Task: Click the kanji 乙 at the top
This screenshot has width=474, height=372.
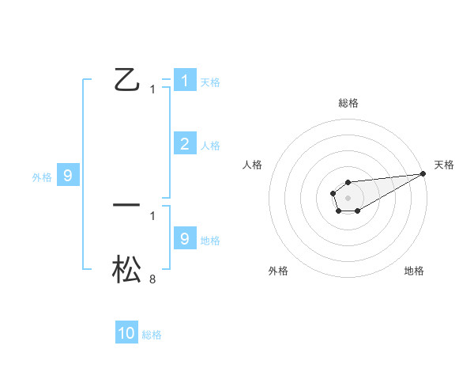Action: [126, 80]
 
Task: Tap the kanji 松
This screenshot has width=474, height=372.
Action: [126, 268]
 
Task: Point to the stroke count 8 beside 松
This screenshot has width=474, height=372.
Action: [152, 279]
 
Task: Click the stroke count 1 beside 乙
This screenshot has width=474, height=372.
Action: [152, 89]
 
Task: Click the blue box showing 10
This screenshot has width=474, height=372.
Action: [126, 333]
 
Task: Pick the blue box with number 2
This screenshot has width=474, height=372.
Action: [184, 143]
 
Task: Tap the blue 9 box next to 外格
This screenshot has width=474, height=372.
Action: [68, 176]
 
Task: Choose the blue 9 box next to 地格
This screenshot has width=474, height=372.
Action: [184, 238]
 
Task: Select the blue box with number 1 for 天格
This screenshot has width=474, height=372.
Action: [184, 80]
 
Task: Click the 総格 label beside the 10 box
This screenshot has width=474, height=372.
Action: [152, 335]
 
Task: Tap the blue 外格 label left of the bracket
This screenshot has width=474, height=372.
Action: [42, 177]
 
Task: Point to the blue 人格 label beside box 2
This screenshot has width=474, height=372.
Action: [210, 146]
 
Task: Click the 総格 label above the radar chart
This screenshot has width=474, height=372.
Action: [348, 103]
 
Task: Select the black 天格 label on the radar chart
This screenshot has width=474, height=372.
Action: [445, 165]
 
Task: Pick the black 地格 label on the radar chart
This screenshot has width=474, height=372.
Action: [414, 271]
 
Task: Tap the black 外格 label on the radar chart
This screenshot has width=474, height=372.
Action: [278, 271]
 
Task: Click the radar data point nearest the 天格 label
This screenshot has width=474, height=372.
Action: [423, 173]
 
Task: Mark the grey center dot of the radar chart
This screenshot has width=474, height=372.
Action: [348, 196]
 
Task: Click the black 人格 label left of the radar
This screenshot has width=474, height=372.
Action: [253, 165]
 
